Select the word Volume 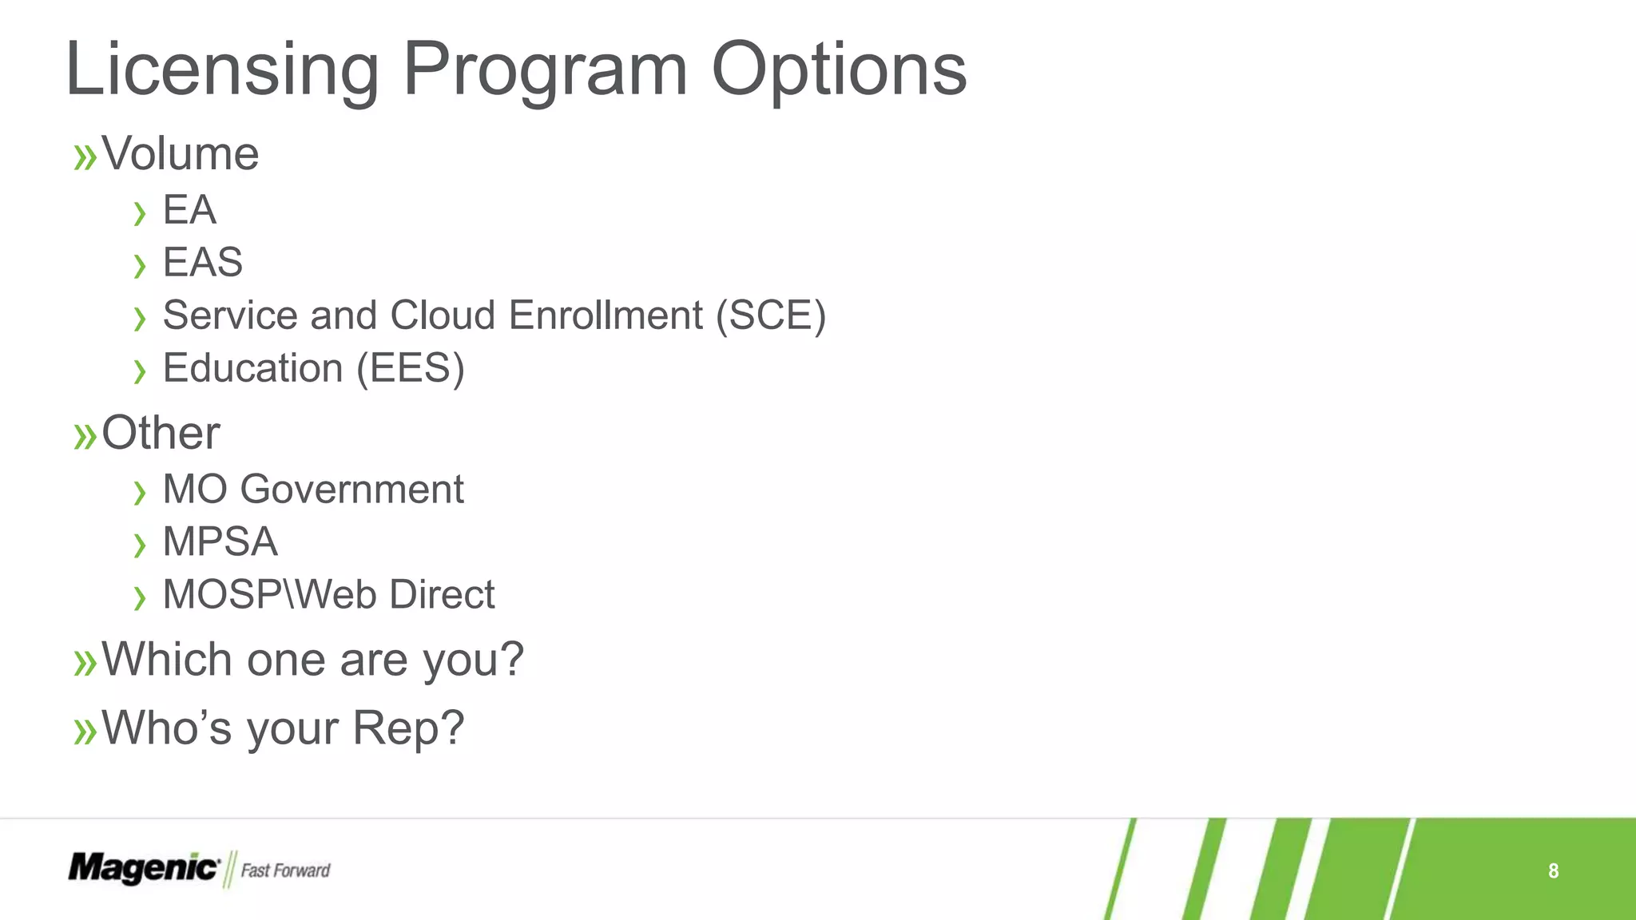(x=180, y=153)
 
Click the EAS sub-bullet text (x=202, y=262)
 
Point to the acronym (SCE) (x=771, y=315)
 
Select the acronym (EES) (x=411, y=368)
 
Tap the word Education (x=252, y=368)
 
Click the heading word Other (x=161, y=433)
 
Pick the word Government (x=351, y=489)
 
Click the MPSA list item (x=220, y=541)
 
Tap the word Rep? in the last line (x=408, y=728)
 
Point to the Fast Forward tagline (x=285, y=870)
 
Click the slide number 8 (x=1553, y=870)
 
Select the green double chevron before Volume (x=85, y=157)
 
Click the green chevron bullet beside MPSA (x=140, y=545)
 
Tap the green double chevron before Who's (x=85, y=732)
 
